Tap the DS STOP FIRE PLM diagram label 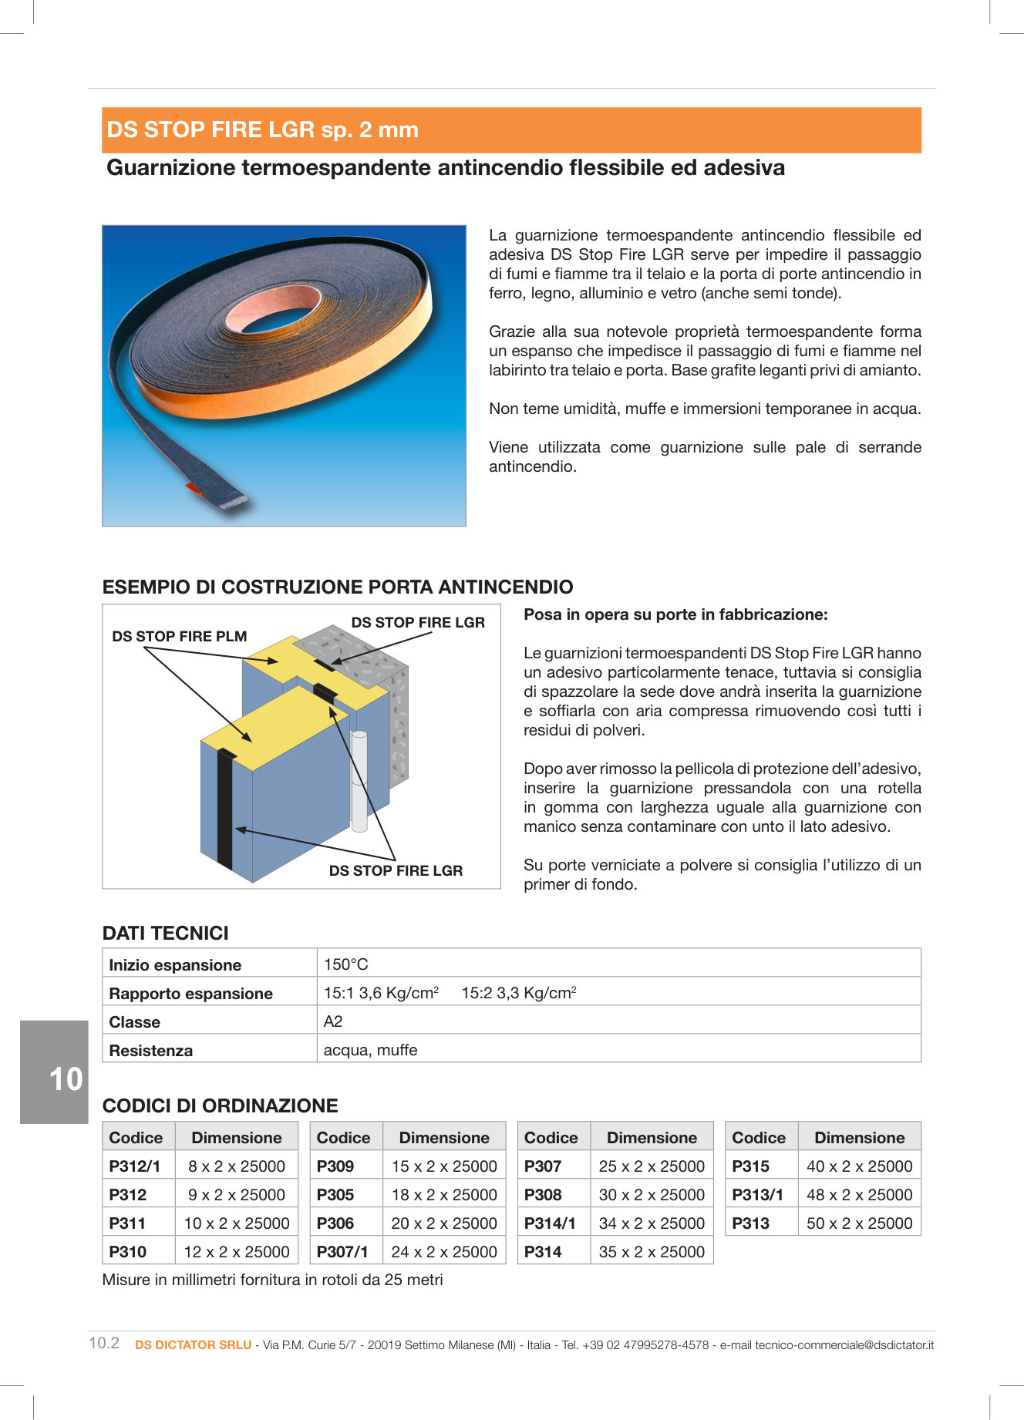(x=179, y=637)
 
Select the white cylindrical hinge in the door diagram (x=359, y=780)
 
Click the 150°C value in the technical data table (x=345, y=964)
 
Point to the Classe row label (x=135, y=1022)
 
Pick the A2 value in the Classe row (x=333, y=1022)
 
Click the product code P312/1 (x=135, y=1166)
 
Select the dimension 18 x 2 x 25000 (x=444, y=1195)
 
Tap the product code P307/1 (x=342, y=1252)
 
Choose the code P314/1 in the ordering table (x=550, y=1223)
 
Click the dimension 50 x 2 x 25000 (x=859, y=1223)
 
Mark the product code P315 (x=750, y=1166)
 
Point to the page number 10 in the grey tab (x=66, y=1079)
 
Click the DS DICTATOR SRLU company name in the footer (x=193, y=1345)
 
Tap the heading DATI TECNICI (x=166, y=934)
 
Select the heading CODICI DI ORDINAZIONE (x=220, y=1106)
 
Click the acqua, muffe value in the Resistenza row (x=370, y=1051)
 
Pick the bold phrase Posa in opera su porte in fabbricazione (x=675, y=615)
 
